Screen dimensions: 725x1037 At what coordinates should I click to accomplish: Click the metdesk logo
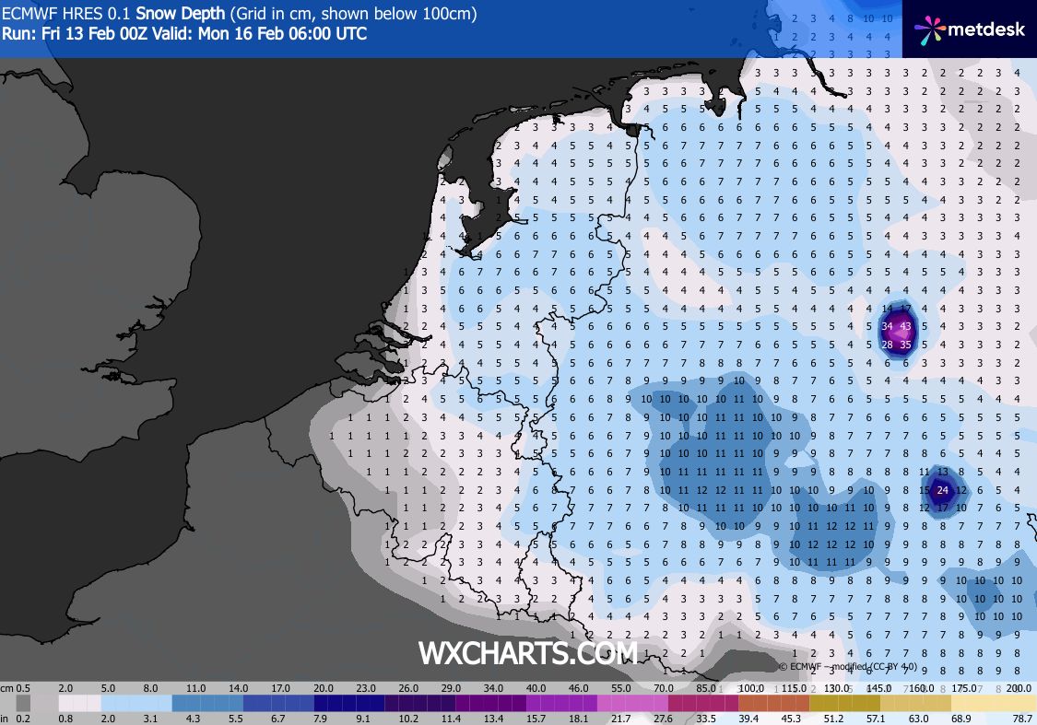969,29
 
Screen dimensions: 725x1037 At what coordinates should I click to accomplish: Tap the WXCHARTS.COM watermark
527,653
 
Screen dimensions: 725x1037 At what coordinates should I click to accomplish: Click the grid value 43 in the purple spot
905,326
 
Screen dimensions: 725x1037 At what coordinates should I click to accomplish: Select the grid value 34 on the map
887,326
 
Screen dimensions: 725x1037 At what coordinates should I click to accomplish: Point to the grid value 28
887,345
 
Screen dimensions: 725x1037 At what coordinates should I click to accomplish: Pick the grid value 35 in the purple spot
905,345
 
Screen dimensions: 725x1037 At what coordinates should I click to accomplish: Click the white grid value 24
942,490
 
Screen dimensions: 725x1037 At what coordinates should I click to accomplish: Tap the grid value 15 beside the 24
925,490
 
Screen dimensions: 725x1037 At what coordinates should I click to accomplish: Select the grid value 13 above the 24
942,472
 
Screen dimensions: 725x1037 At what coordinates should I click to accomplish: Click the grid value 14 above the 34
887,308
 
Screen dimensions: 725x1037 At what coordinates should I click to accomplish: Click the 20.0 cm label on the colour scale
323,688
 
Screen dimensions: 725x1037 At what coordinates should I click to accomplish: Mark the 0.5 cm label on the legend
23,688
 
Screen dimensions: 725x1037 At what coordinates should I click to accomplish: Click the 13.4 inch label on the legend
495,718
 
